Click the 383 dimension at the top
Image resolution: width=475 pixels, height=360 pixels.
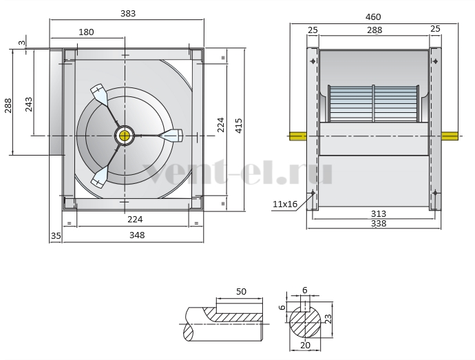[x=128, y=14]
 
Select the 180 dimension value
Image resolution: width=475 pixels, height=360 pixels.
[x=86, y=32]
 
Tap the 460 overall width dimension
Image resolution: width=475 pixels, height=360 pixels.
[x=373, y=17]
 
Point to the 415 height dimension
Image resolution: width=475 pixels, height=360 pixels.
[x=239, y=125]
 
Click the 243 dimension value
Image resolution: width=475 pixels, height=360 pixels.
[x=29, y=104]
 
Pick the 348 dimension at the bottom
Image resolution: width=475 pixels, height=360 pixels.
[x=137, y=235]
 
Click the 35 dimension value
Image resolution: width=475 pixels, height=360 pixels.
[x=56, y=236]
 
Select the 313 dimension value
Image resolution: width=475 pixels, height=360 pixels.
[x=379, y=214]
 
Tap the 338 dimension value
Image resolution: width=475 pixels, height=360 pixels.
[x=379, y=224]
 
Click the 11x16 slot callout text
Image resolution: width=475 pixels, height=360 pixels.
[x=285, y=204]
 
